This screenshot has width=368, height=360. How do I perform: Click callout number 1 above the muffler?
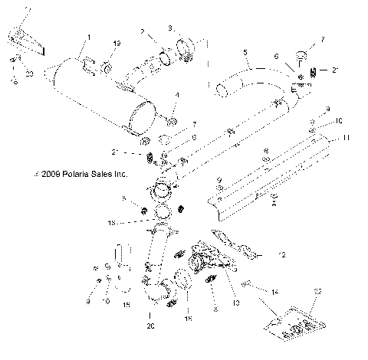point(89,36)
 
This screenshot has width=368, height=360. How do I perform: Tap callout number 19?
point(117,43)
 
